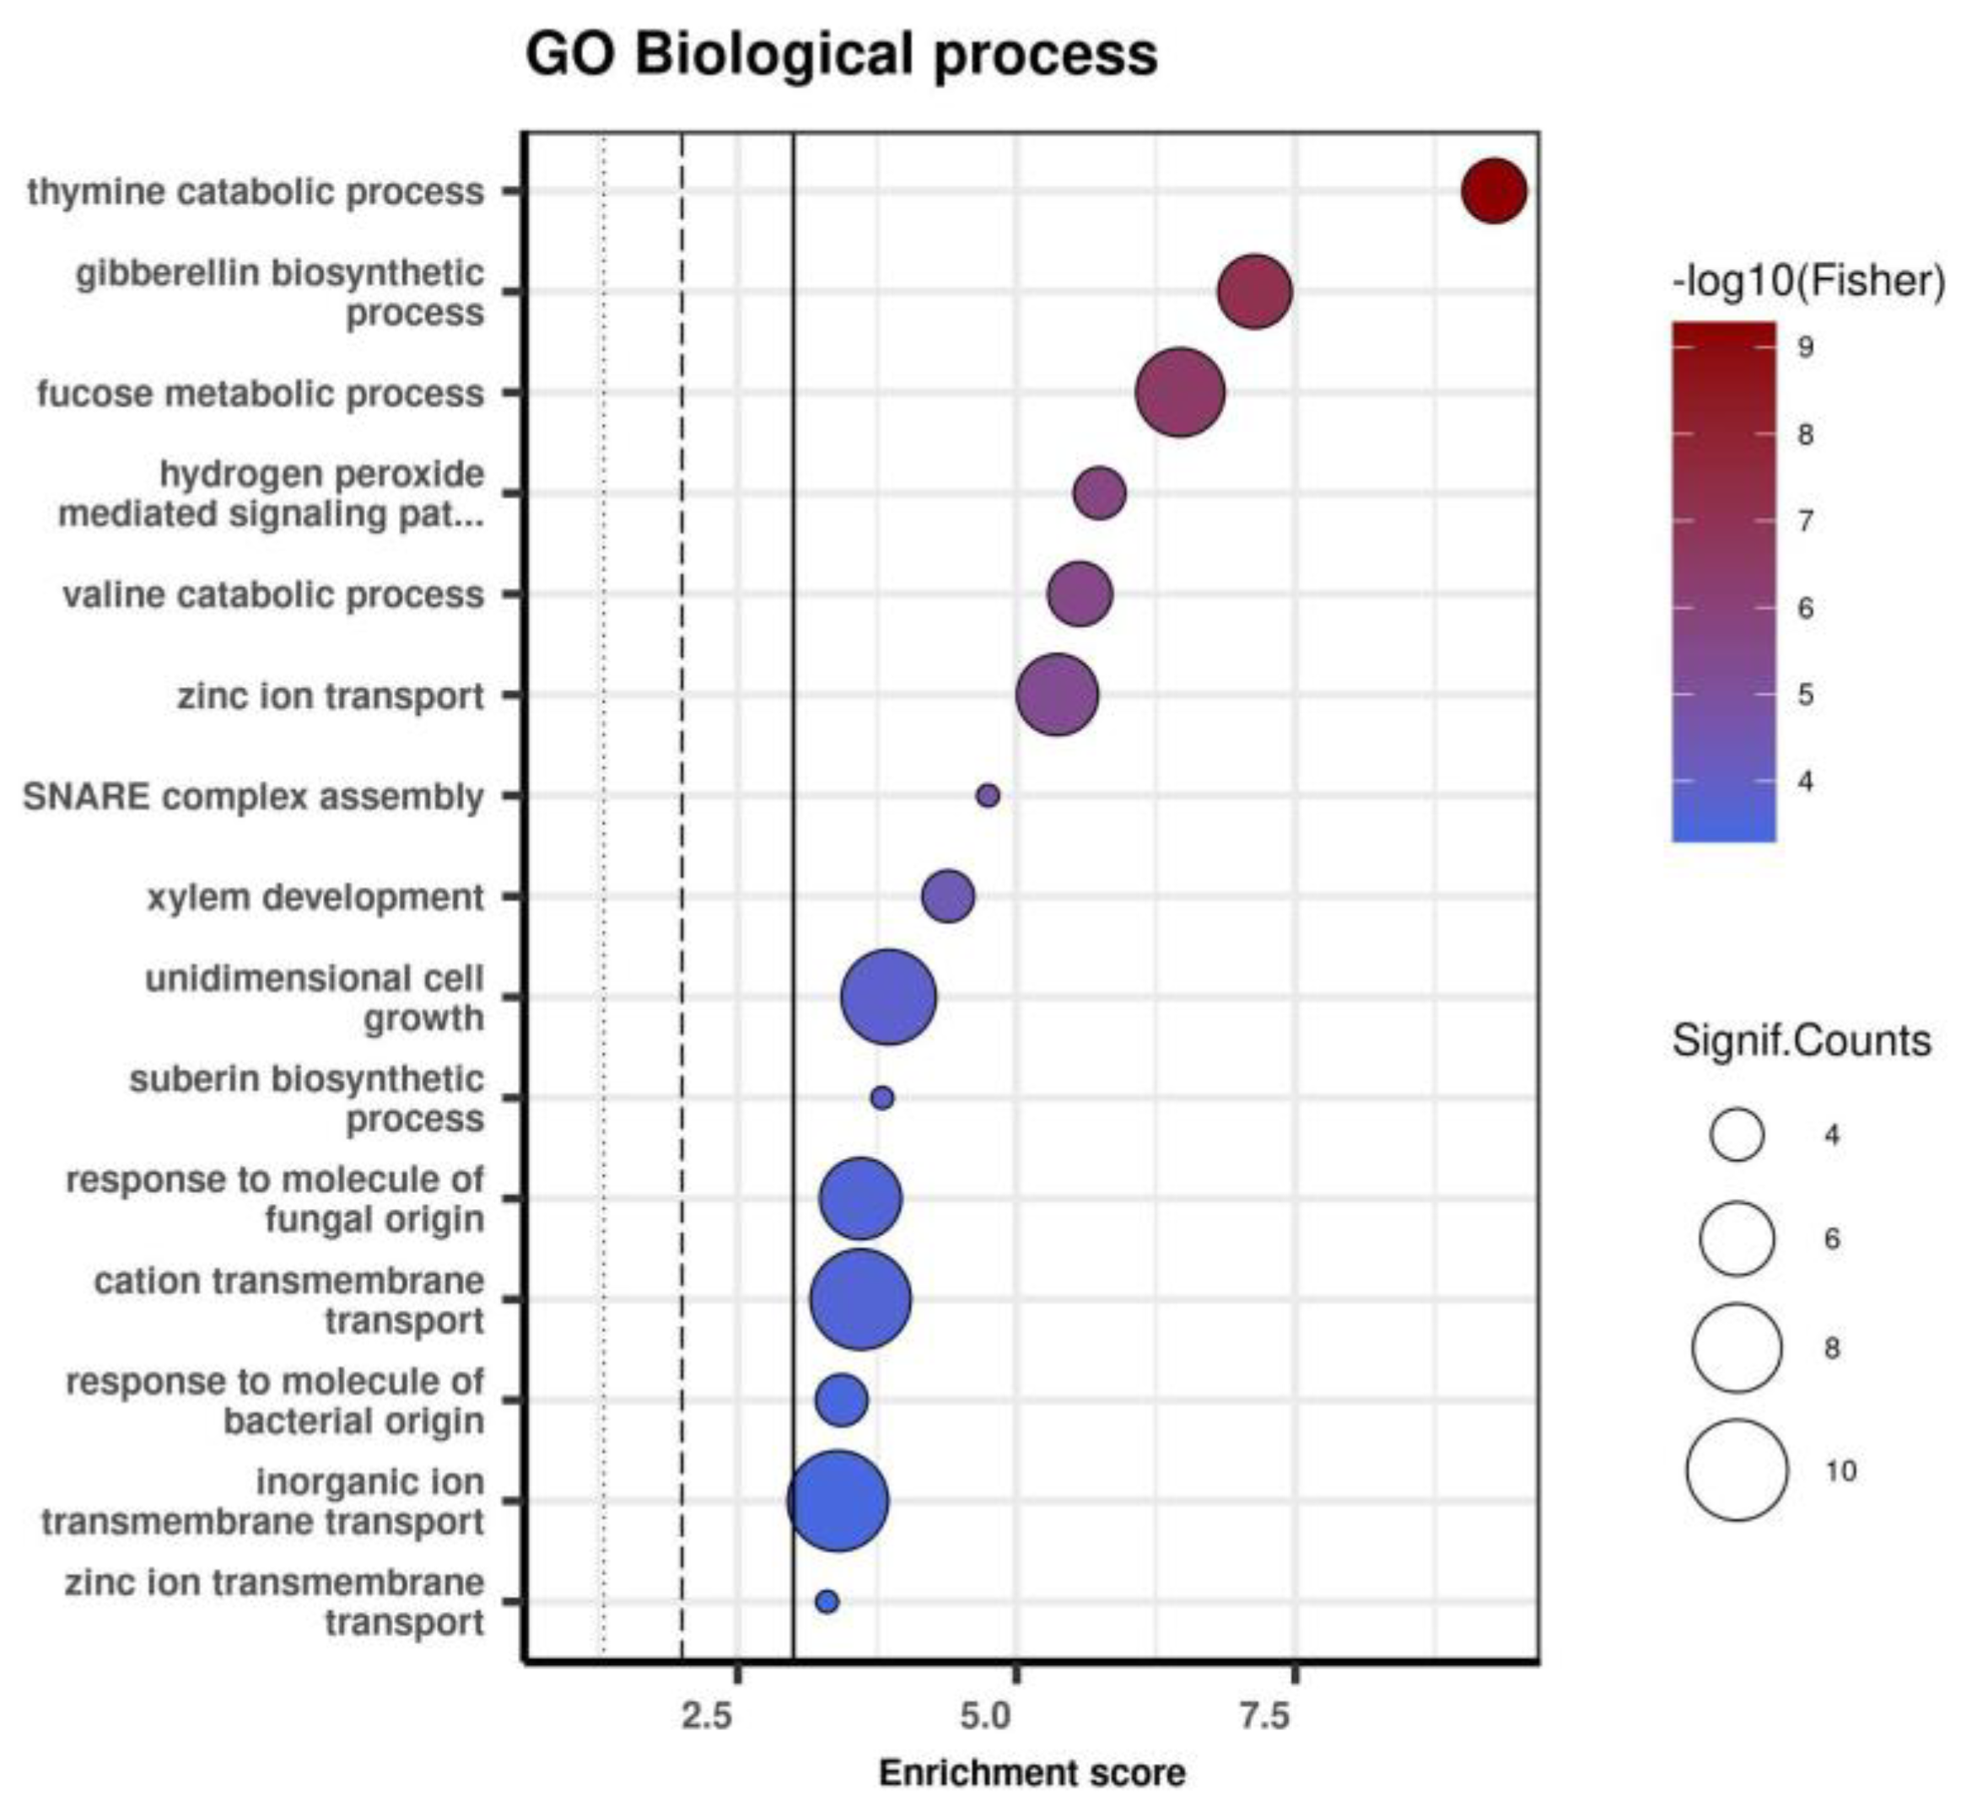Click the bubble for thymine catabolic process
pyautogui.click(x=1494, y=191)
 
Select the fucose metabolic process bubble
pyautogui.click(x=1180, y=392)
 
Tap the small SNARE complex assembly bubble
pyautogui.click(x=988, y=796)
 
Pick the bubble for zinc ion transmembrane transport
pyautogui.click(x=827, y=1601)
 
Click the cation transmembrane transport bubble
pyautogui.click(x=860, y=1299)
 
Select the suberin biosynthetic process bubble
pyautogui.click(x=882, y=1098)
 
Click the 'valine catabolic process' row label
pyautogui.click(x=273, y=595)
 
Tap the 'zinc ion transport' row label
pyautogui.click(x=331, y=696)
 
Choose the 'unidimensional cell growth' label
pyautogui.click(x=315, y=997)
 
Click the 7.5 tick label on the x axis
pyautogui.click(x=1265, y=1716)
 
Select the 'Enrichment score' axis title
pyautogui.click(x=1032, y=1773)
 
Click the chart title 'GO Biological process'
pyautogui.click(x=841, y=54)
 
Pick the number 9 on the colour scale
pyautogui.click(x=1805, y=347)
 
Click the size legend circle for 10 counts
pyautogui.click(x=1737, y=1470)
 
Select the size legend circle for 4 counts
pyautogui.click(x=1737, y=1135)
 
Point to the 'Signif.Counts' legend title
pyautogui.click(x=1802, y=1040)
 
